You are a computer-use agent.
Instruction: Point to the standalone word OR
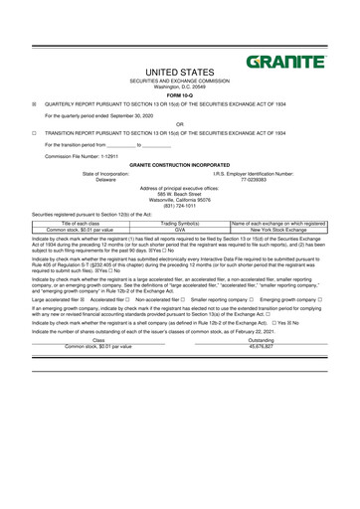point(179,124)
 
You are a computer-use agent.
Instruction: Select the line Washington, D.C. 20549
point(179,87)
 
